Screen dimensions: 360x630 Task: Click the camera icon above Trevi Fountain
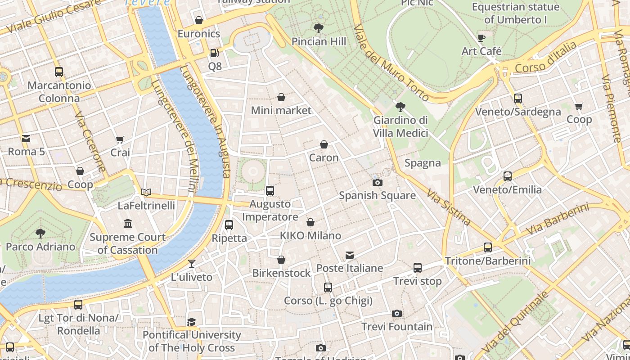click(x=396, y=313)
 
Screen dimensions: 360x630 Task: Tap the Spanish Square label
click(x=377, y=195)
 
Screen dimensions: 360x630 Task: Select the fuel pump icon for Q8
click(x=215, y=53)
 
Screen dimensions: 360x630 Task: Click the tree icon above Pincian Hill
click(x=319, y=28)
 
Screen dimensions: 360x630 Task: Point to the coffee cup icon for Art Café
click(x=481, y=38)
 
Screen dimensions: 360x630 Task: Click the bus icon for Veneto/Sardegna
click(x=518, y=98)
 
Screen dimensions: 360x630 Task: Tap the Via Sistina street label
click(x=449, y=207)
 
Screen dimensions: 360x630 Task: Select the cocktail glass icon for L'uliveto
click(x=192, y=264)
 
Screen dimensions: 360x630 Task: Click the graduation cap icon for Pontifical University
click(x=192, y=321)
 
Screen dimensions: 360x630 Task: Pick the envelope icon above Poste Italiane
click(x=350, y=255)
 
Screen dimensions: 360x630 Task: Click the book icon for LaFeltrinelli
click(x=146, y=192)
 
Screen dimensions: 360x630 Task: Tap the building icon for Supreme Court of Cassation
click(x=128, y=224)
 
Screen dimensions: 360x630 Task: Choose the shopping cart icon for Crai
click(x=120, y=139)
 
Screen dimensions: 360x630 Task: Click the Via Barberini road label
click(x=557, y=219)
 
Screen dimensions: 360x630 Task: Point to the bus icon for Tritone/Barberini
click(x=488, y=247)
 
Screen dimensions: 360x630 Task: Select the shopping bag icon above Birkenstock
click(x=281, y=260)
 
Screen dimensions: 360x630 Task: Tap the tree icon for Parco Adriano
click(x=40, y=233)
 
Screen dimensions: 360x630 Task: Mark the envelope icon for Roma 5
click(x=26, y=138)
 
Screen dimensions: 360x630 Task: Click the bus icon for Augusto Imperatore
click(x=270, y=190)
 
